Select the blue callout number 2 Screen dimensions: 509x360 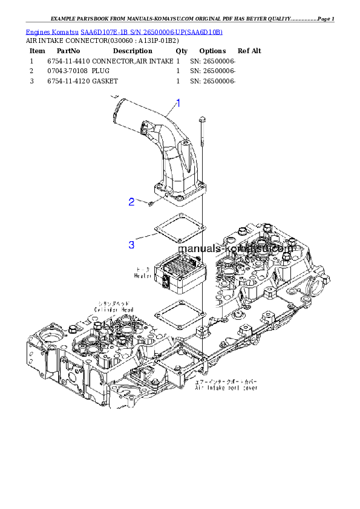tap(131, 202)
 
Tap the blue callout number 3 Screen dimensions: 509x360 tap(131, 245)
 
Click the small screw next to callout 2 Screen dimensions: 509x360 tap(151, 204)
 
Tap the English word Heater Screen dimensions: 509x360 tap(143, 276)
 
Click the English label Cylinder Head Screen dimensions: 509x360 tap(113, 309)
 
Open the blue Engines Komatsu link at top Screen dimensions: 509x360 tap(124, 31)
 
